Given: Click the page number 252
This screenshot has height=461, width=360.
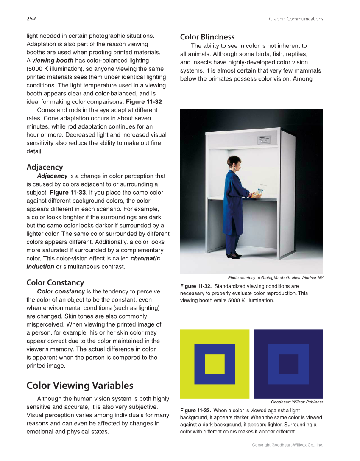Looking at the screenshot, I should point(31,19).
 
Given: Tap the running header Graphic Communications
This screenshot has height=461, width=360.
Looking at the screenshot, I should point(296,19).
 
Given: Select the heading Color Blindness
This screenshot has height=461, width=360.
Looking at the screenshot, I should point(207,37).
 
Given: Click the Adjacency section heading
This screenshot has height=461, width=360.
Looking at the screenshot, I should point(45,167).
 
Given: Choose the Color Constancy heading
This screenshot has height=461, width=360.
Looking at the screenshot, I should point(55,282).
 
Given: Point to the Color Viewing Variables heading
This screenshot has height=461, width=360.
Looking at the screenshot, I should point(80,386).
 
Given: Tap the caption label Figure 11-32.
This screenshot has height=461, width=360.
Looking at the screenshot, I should point(196,286).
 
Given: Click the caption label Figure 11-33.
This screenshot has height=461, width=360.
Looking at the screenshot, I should point(196,411).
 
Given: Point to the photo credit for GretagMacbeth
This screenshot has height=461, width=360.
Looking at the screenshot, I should point(275,277).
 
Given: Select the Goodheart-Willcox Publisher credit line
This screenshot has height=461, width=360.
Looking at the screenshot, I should point(297,402).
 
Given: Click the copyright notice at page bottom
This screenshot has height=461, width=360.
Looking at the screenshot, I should point(287,445).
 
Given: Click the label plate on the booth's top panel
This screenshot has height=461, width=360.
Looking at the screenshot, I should point(264,140).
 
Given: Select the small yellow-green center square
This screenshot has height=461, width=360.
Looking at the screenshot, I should point(215,364).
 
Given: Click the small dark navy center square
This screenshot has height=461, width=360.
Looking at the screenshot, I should point(288,364).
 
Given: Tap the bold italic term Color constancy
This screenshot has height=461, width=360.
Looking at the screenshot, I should point(61,291).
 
